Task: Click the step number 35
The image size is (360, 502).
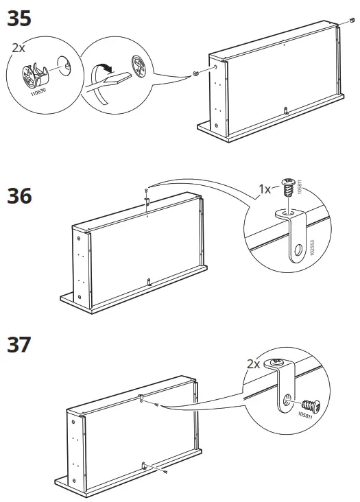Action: [x=19, y=19]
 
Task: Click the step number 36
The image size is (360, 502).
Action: [x=19, y=196]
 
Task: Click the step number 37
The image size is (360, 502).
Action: [x=19, y=344]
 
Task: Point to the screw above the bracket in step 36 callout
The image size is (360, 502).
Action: [x=287, y=187]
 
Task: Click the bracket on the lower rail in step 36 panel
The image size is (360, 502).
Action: [x=149, y=281]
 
